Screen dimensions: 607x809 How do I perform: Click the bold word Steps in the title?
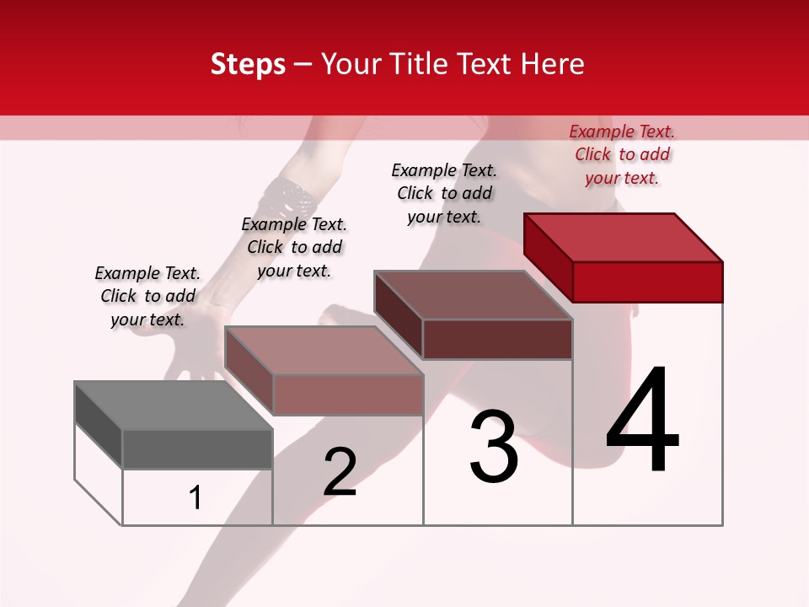point(248,64)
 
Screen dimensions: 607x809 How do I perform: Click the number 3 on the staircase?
point(494,447)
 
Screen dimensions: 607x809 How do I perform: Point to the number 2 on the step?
point(340,472)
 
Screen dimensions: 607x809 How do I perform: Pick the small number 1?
point(196,498)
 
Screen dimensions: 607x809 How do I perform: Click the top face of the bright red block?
point(624,238)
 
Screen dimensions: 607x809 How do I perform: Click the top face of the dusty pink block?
point(324,351)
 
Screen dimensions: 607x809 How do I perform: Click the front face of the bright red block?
point(647,282)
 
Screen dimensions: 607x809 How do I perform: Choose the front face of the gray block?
point(197,449)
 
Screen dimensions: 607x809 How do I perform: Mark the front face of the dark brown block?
point(497,339)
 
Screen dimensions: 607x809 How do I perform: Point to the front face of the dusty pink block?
point(347,395)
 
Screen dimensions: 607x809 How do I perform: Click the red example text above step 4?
point(622,154)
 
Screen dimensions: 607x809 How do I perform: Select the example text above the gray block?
point(147,296)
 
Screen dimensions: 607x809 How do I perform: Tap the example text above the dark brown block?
point(444,193)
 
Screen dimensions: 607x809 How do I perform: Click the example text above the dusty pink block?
point(294,247)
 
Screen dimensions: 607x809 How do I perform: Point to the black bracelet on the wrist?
point(291,198)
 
